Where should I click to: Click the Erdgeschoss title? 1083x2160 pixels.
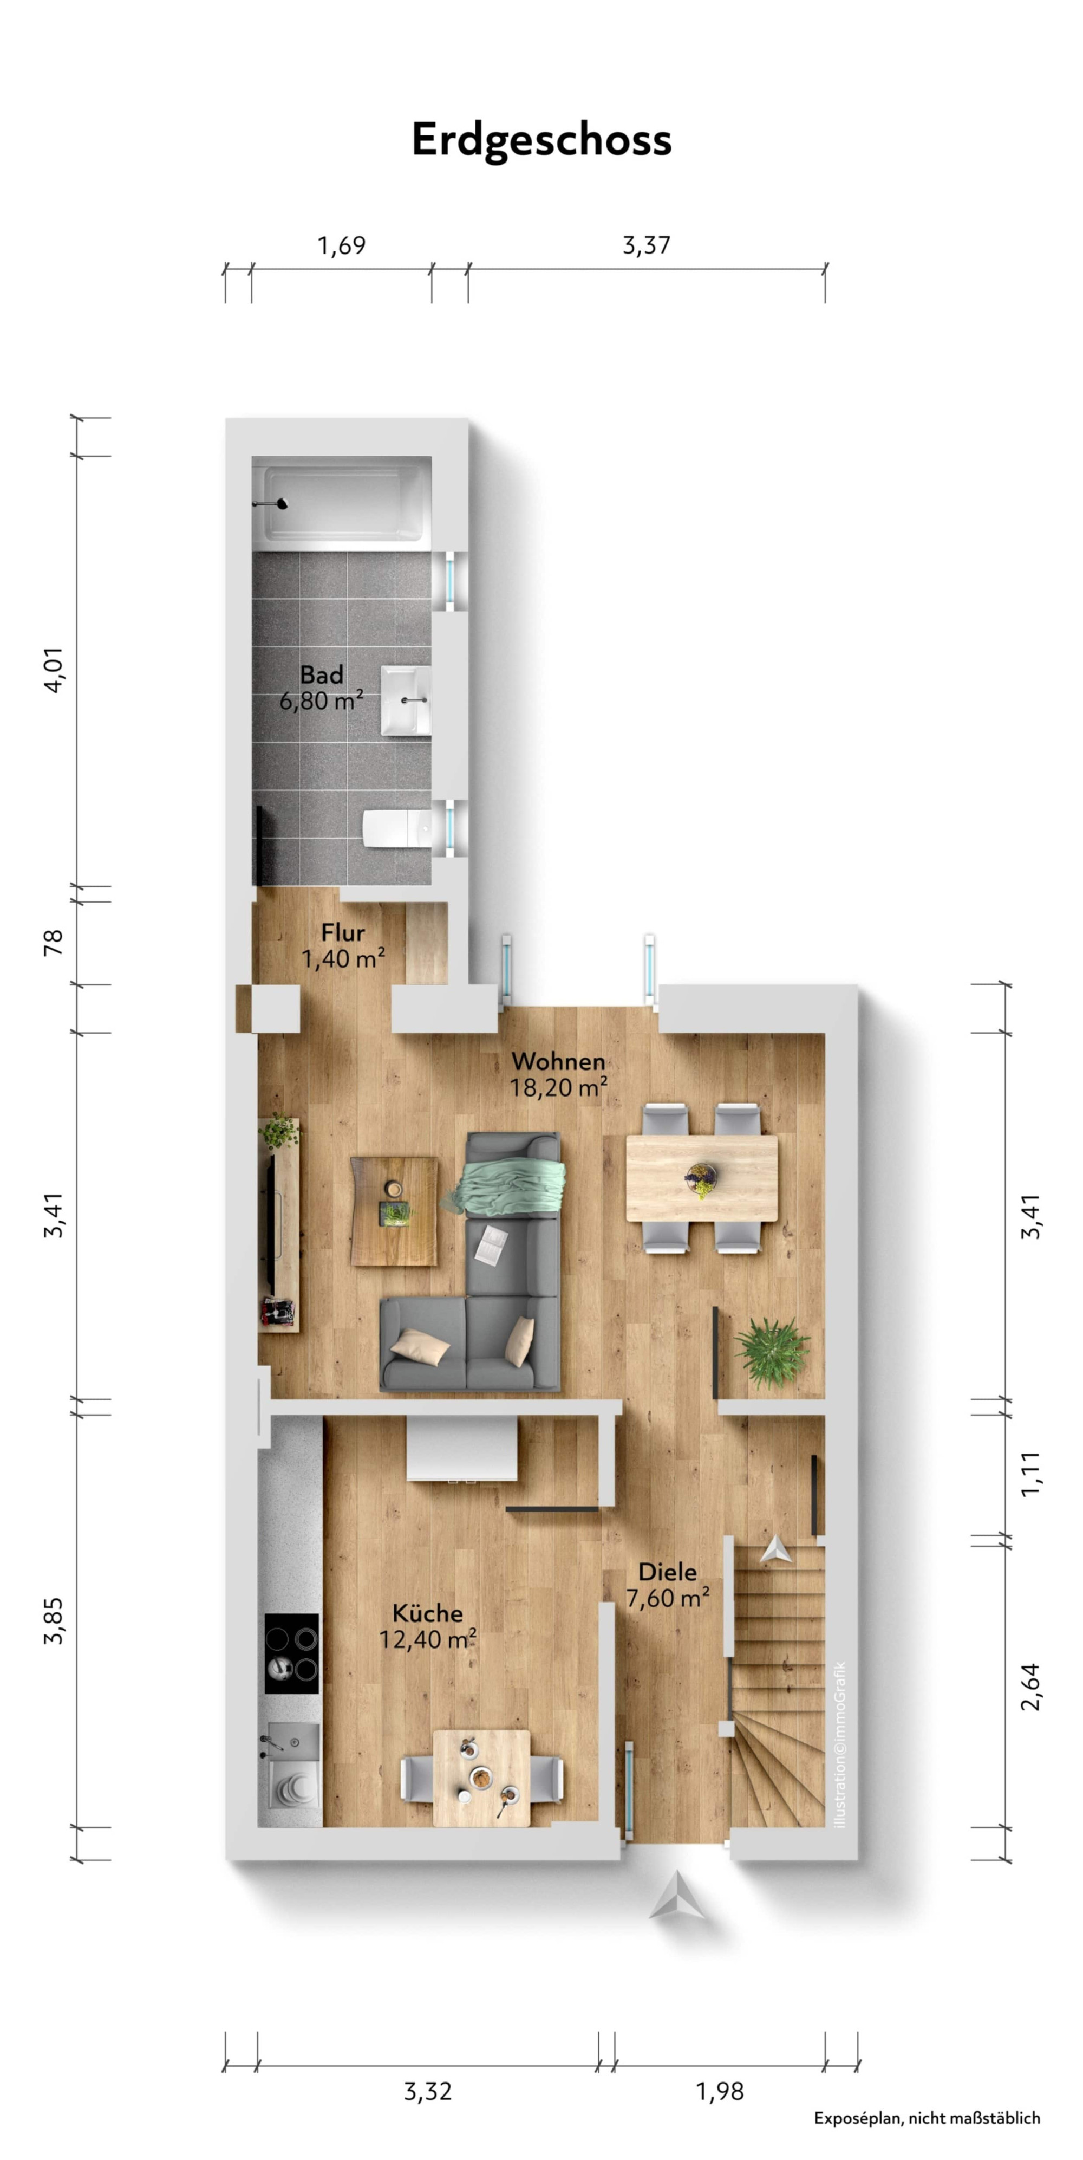click(x=541, y=140)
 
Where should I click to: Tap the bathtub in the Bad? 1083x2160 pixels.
click(x=342, y=503)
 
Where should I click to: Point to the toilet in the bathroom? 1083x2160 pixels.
click(x=397, y=828)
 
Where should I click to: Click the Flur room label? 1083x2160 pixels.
click(x=343, y=932)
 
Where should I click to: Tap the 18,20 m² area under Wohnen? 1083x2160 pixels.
click(x=558, y=1087)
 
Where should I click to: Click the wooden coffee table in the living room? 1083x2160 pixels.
click(x=394, y=1211)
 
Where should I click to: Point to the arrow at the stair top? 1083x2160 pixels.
click(x=775, y=1549)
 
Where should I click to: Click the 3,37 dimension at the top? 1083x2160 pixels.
click(x=645, y=245)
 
